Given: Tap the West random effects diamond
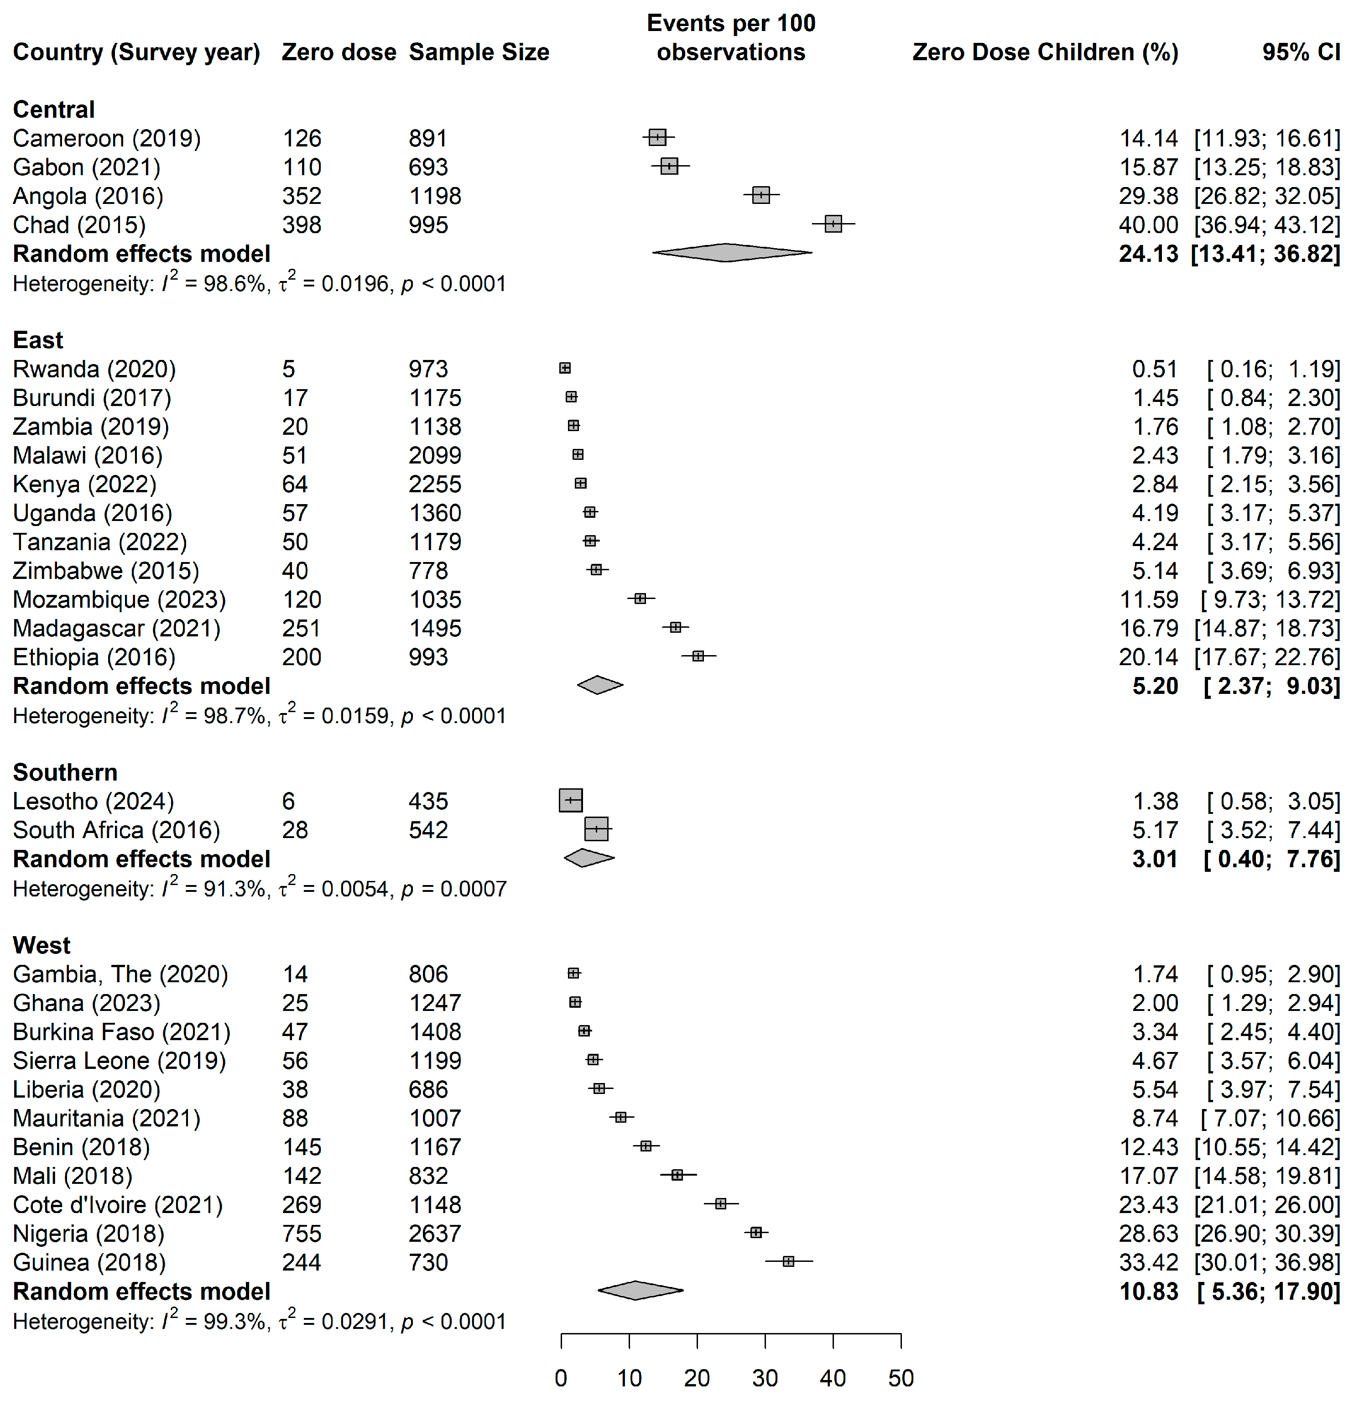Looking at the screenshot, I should [638, 1290].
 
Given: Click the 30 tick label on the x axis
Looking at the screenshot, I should [764, 1377].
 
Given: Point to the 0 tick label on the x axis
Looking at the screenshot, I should [561, 1377].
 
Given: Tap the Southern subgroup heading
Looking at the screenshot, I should [65, 773].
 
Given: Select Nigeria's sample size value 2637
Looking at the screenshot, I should [435, 1233].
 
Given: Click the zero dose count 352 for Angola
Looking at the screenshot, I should [301, 196].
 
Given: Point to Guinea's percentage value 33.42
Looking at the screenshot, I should [1148, 1262].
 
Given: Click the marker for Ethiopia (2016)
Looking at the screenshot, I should [698, 656].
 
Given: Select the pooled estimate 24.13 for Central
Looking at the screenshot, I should [1148, 254].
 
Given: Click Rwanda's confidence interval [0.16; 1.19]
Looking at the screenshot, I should [1272, 369].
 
